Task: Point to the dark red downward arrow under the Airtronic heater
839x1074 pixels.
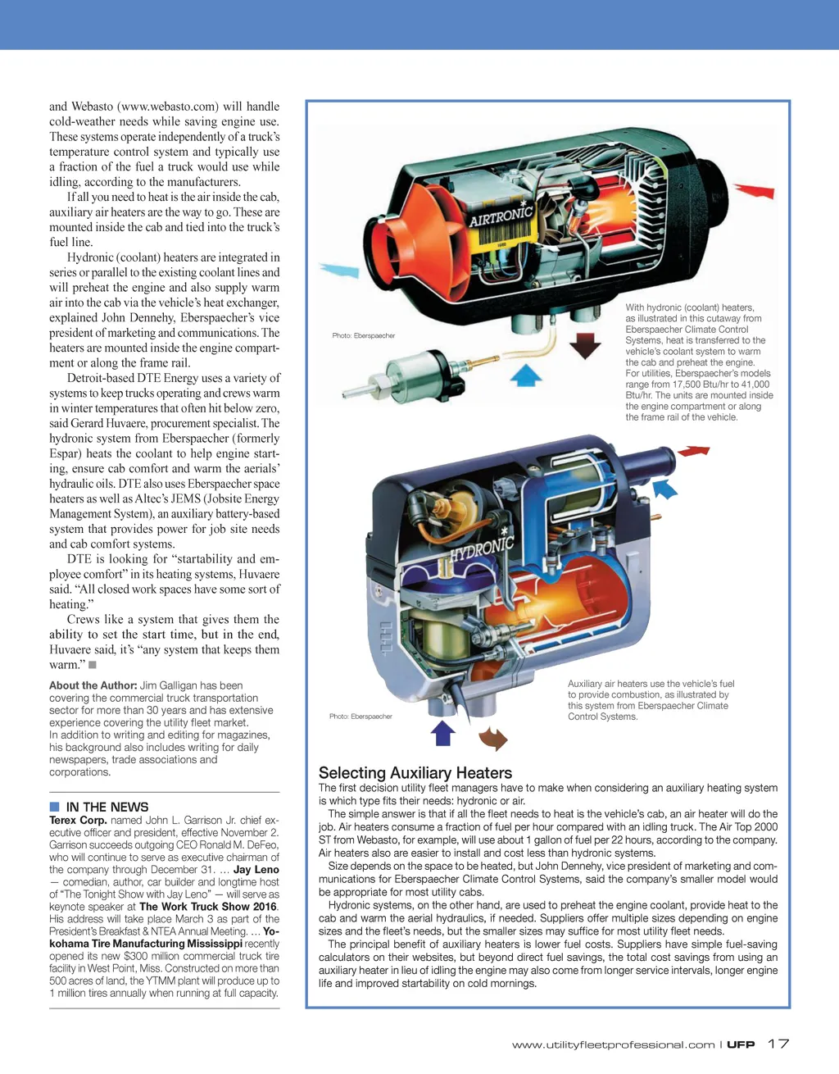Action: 585,345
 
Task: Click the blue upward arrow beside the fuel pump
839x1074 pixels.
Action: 526,375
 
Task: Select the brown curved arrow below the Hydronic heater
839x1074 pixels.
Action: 493,738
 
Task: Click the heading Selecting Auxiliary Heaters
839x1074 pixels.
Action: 415,772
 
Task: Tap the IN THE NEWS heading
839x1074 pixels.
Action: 107,807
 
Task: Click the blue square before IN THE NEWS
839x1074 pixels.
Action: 54,807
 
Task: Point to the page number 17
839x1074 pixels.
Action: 778,1044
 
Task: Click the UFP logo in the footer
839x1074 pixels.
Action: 741,1044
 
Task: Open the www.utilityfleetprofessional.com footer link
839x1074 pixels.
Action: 613,1044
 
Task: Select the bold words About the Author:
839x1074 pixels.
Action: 93,685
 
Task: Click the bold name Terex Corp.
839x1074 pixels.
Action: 78,820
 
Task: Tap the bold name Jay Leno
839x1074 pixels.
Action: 256,869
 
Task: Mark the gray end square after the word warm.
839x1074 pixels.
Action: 93,665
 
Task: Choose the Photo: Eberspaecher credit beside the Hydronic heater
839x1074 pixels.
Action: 361,717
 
